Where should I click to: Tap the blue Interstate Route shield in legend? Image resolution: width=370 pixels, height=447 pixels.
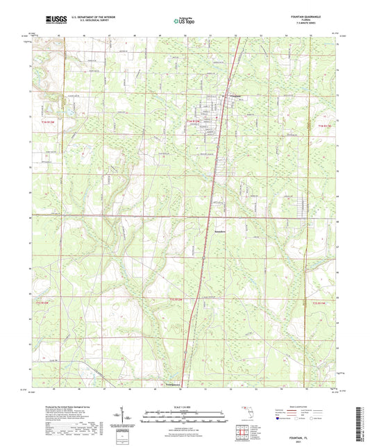click(x=280, y=419)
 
